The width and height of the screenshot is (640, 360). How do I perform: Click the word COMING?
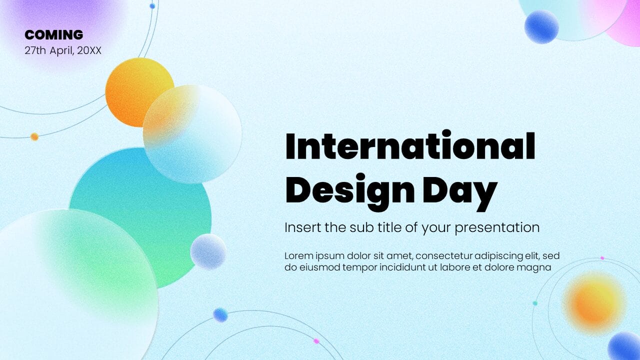(x=54, y=35)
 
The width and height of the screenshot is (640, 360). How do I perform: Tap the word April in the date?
(x=61, y=50)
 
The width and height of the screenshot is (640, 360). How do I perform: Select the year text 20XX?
(x=89, y=50)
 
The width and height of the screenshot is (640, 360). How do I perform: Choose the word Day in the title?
(x=459, y=191)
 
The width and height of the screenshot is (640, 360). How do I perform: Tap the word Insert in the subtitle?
(x=301, y=227)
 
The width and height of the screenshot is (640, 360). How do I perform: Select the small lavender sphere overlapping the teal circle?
(x=208, y=251)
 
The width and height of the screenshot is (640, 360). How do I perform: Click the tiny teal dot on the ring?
(x=535, y=303)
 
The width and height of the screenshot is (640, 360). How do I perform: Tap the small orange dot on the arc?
(x=34, y=136)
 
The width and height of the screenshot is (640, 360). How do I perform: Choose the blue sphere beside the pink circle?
(x=541, y=26)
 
